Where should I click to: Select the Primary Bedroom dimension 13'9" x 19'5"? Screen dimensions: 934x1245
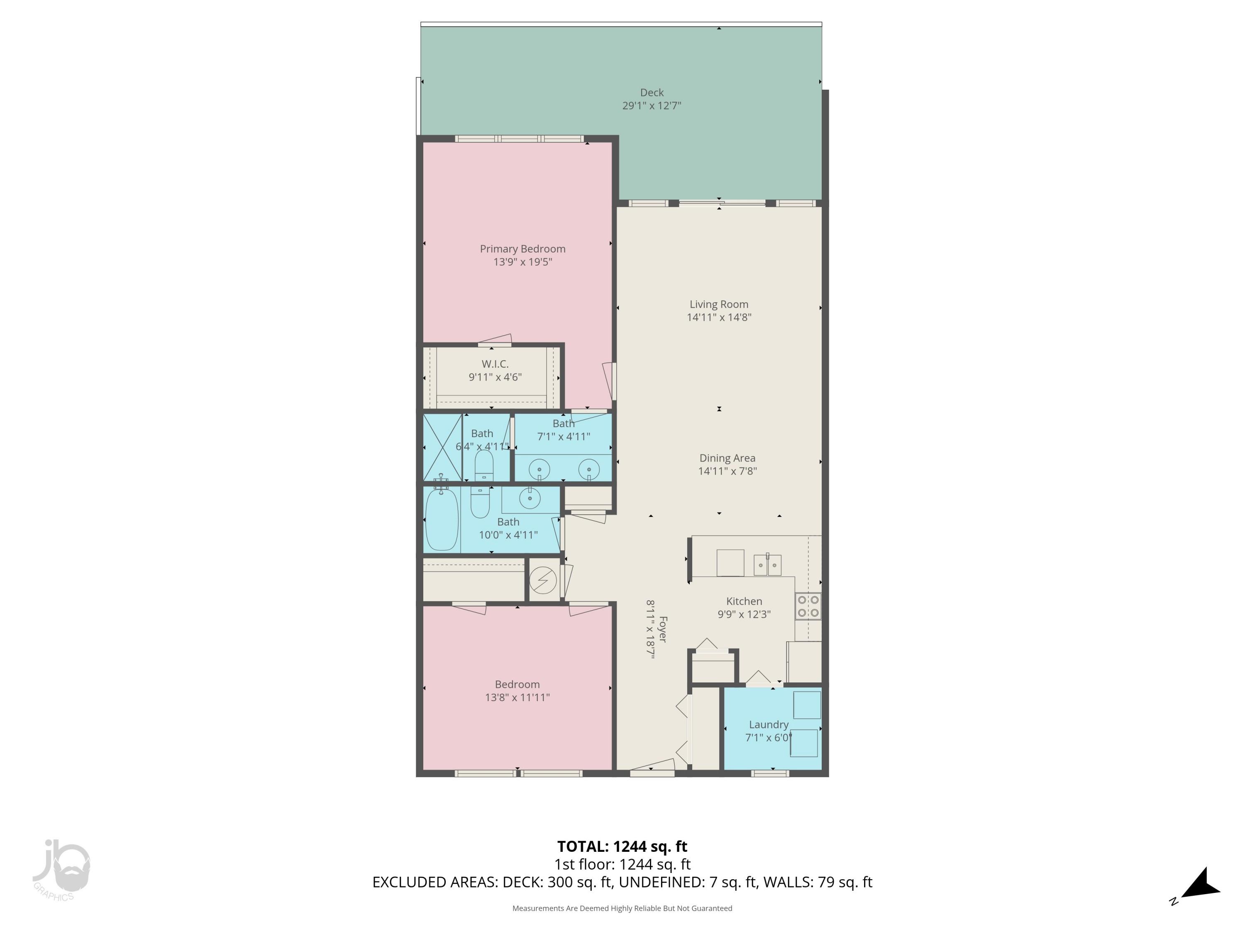[522, 262]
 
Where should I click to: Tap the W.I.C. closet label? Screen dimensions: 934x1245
[495, 364]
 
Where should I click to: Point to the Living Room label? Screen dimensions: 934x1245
[719, 304]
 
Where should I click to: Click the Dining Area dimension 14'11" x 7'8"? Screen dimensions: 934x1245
[727, 471]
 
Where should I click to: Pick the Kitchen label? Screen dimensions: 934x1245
[744, 601]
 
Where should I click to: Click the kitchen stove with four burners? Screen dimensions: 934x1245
[808, 606]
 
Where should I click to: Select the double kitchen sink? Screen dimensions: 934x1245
[767, 564]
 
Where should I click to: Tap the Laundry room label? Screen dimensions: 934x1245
[768, 724]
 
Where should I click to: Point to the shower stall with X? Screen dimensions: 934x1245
[442, 447]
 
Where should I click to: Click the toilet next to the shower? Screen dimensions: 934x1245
[484, 466]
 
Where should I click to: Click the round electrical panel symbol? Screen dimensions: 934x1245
[543, 580]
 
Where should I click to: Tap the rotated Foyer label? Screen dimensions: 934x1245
[662, 629]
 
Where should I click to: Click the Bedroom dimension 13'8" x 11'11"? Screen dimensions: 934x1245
[517, 697]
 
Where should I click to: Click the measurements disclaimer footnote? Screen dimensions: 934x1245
[622, 908]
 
